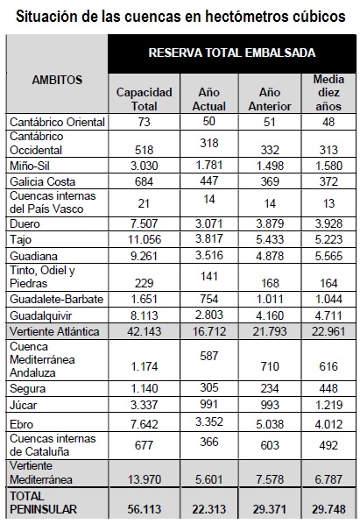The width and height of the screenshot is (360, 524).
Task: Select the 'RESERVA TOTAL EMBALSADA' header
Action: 232,53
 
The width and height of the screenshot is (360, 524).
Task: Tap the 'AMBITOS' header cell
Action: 57,80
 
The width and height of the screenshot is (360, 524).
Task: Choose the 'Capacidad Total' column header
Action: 144,99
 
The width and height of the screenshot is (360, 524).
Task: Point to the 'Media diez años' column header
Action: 328,93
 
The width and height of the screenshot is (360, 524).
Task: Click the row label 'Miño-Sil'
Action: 30,166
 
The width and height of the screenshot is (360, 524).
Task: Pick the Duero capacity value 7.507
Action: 144,223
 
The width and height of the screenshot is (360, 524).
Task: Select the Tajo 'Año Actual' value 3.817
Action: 209,238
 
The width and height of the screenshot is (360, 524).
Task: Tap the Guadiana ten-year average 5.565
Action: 328,256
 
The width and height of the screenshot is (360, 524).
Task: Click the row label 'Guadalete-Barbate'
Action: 56,299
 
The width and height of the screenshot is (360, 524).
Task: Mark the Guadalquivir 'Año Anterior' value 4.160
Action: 270,315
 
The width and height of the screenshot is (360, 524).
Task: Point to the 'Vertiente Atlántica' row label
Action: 54,331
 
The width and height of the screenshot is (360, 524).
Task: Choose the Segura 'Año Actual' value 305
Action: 209,387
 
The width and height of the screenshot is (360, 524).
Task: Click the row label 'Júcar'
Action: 24,406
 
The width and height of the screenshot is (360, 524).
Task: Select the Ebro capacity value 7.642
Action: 144,424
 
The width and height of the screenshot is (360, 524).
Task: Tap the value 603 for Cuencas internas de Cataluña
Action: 270,445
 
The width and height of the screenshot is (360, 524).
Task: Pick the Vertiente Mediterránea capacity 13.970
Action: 145,479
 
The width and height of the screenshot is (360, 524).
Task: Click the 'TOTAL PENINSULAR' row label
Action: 44,503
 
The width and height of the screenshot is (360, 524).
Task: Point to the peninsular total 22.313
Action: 209,509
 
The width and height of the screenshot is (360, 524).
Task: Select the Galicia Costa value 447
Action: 209,181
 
